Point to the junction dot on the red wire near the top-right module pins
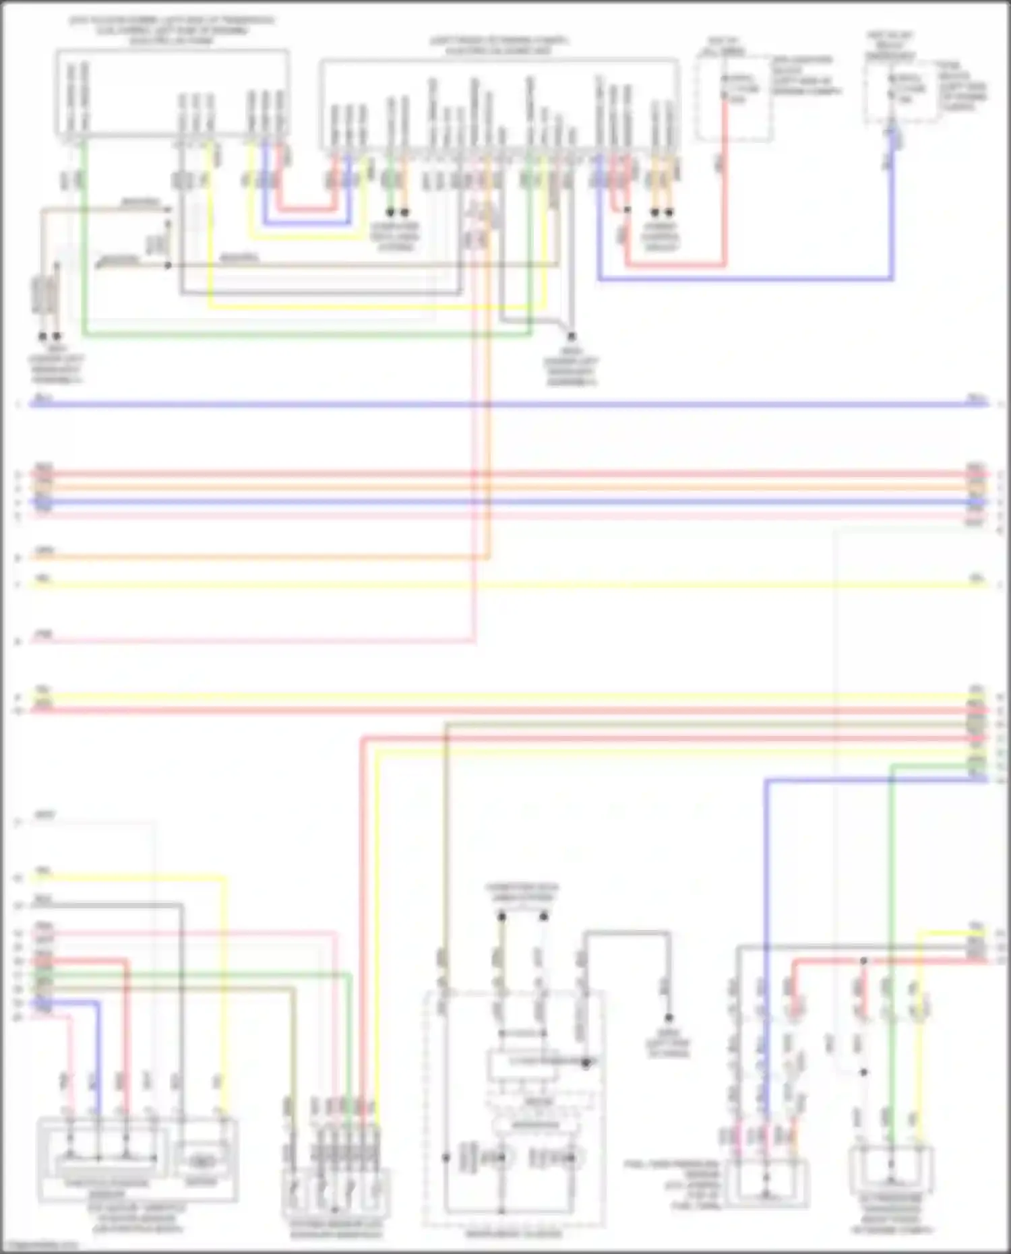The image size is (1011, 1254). (627, 210)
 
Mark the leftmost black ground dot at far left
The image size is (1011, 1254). (42, 336)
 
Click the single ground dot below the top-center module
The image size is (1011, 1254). (572, 336)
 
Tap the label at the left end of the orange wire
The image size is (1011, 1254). (44, 551)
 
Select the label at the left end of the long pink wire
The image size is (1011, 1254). (44, 634)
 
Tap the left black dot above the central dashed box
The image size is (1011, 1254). (501, 916)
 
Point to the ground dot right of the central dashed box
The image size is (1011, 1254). (669, 1017)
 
